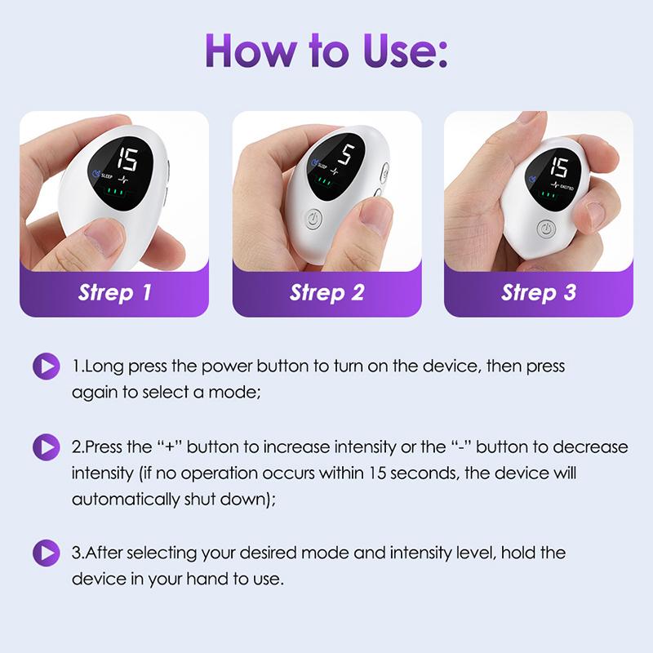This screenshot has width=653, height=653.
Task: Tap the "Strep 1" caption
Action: [x=114, y=292]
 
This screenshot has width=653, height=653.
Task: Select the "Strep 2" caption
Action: [x=326, y=292]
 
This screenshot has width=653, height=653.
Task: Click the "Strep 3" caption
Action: [x=539, y=292]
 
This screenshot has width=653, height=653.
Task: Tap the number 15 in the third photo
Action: [x=558, y=167]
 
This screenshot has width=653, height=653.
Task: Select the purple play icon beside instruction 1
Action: [x=46, y=366]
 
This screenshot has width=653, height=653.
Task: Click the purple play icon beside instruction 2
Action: [x=46, y=447]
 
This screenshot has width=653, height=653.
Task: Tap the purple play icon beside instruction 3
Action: [x=46, y=553]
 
